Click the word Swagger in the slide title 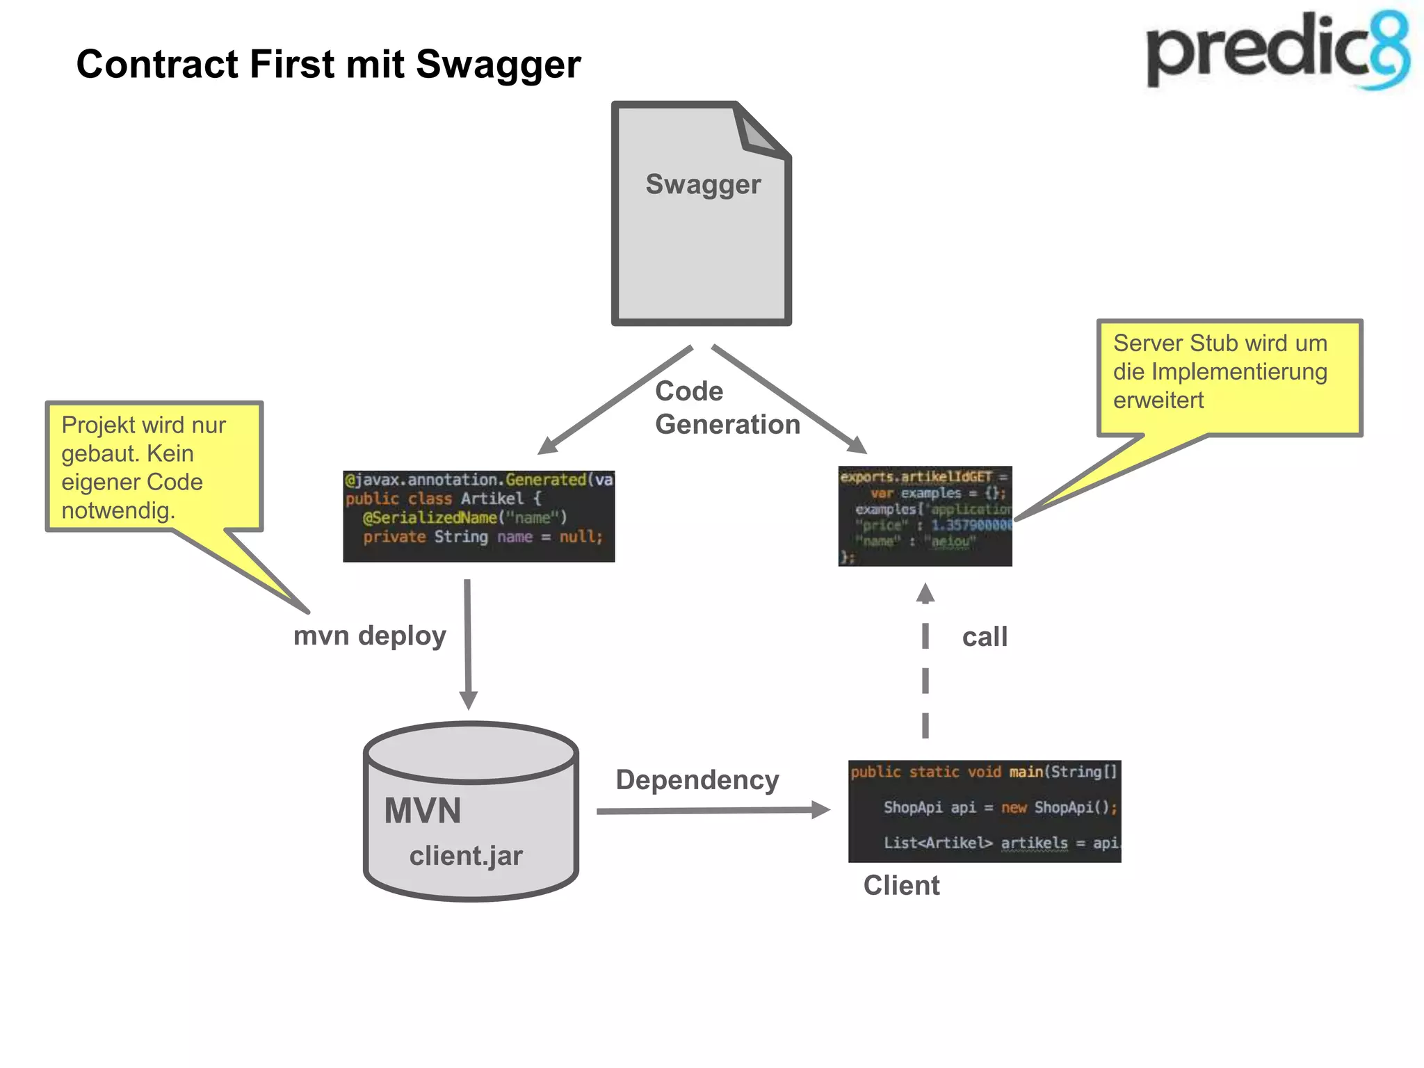tap(498, 65)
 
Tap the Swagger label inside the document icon tap(703, 185)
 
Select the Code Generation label tap(726, 408)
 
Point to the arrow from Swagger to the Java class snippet tap(615, 400)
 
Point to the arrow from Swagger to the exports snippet tap(790, 399)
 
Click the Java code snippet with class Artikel tap(478, 516)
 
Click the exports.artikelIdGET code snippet tap(925, 516)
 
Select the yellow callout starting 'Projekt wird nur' tap(154, 467)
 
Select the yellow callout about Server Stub tap(1229, 376)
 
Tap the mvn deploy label tap(369, 636)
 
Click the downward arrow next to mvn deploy tap(468, 643)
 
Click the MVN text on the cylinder tap(423, 811)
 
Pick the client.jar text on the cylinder tap(465, 856)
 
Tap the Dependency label tap(697, 780)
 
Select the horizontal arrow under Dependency tap(713, 811)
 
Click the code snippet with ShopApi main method tap(984, 811)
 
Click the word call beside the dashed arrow tap(984, 637)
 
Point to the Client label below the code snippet tap(901, 886)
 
